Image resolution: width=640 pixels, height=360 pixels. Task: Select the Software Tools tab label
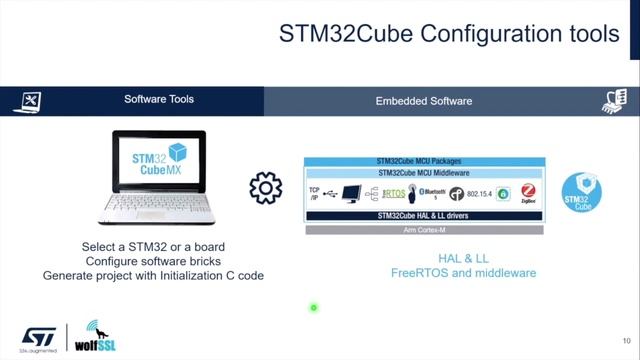tap(159, 100)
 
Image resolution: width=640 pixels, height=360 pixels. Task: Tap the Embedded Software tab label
tap(423, 101)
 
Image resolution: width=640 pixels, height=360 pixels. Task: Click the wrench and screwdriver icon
tap(30, 101)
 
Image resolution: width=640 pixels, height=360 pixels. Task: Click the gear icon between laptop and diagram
tap(265, 187)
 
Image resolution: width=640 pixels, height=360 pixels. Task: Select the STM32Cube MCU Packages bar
tap(424, 161)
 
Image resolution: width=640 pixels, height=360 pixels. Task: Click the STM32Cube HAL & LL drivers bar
tap(424, 215)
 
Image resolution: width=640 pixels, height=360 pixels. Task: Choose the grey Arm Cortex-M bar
tap(424, 229)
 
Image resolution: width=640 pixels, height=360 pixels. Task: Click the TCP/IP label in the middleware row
tap(314, 192)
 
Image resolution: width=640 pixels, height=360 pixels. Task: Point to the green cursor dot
tap(313, 307)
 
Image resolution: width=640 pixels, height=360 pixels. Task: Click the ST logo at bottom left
tap(39, 334)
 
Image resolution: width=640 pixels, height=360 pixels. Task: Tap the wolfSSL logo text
tap(100, 347)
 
